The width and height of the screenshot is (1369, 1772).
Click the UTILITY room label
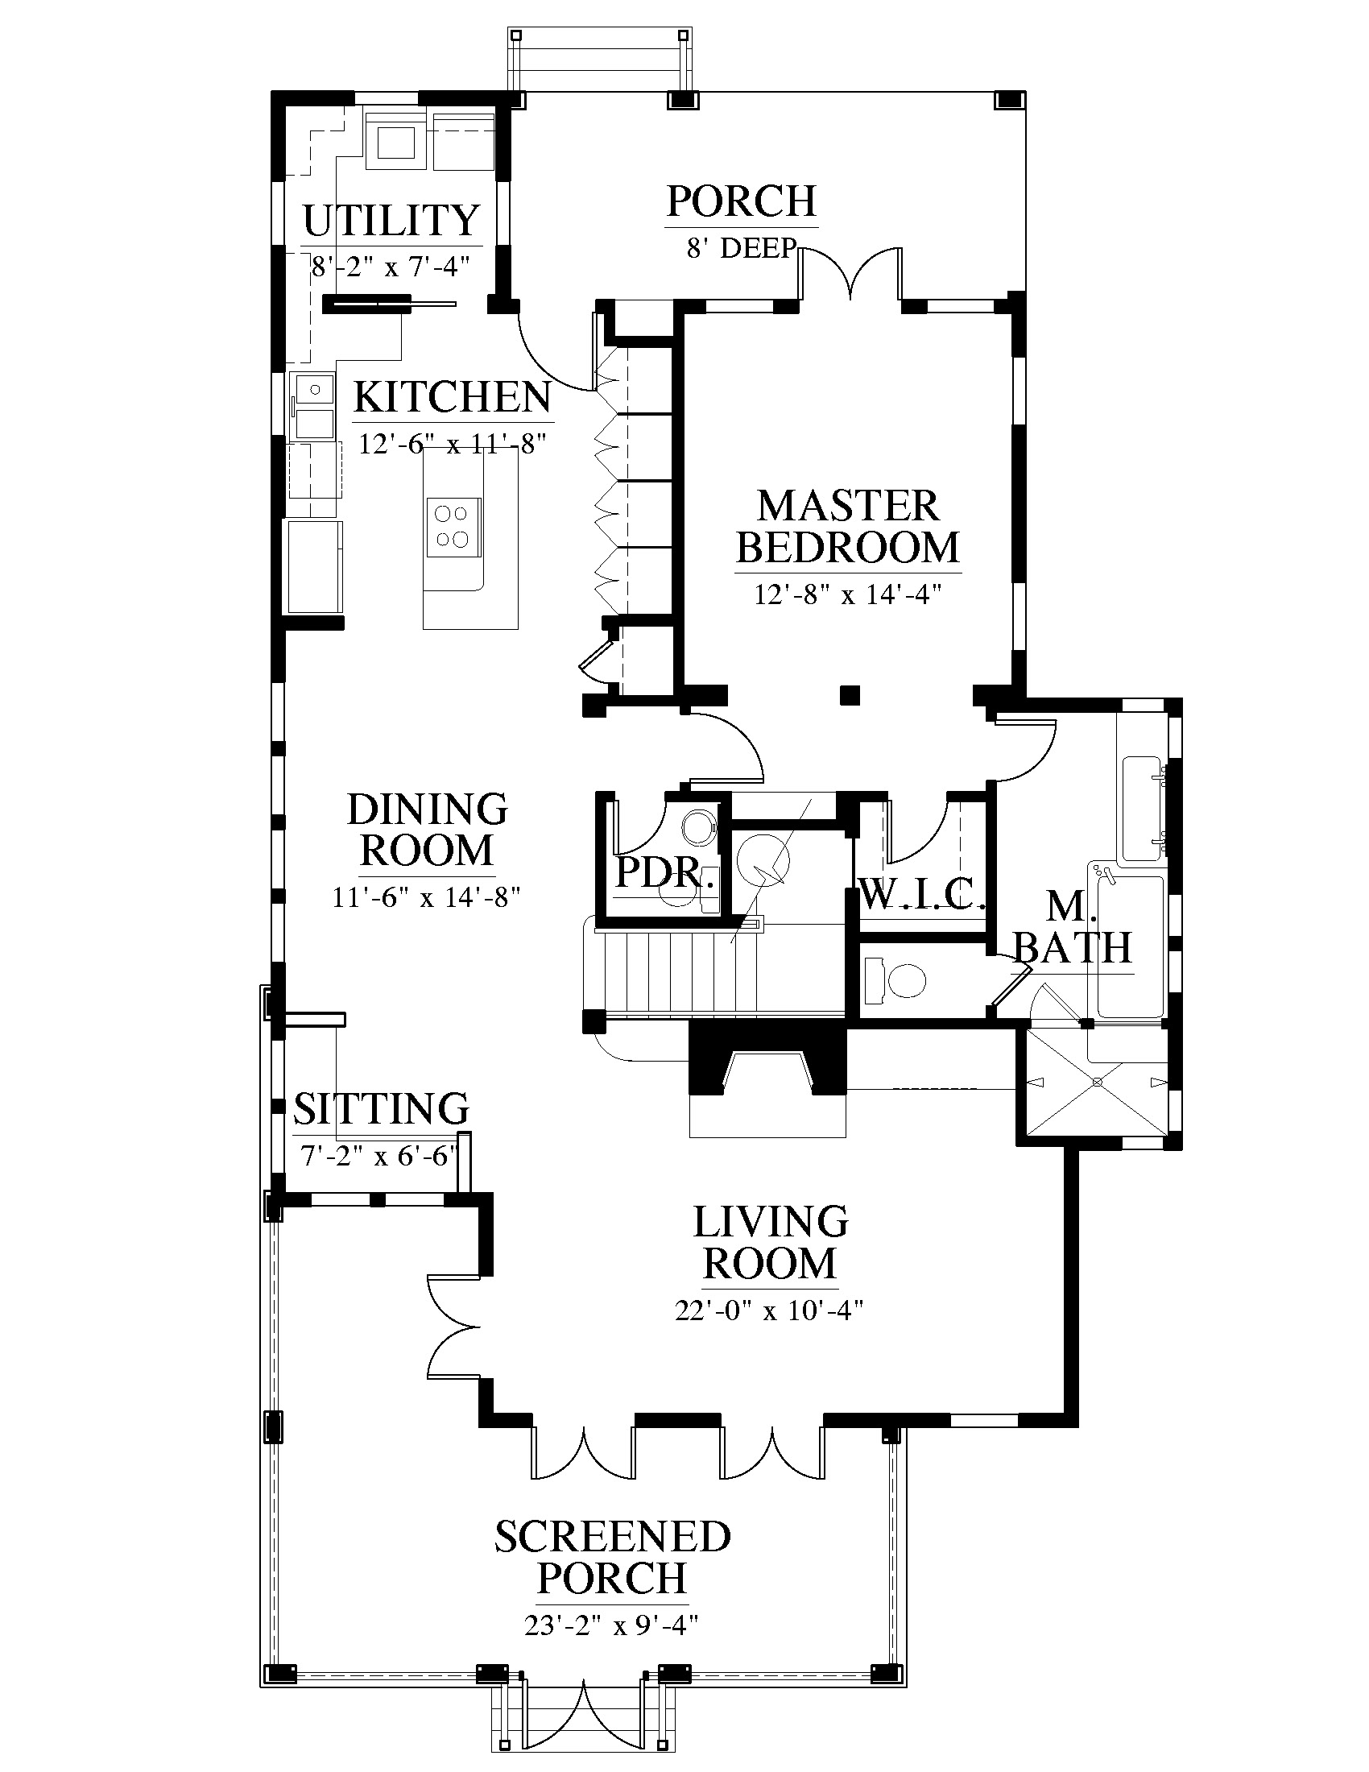pos(391,220)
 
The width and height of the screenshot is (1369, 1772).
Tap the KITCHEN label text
pos(453,398)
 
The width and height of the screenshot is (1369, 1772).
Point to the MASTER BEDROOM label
pos(848,527)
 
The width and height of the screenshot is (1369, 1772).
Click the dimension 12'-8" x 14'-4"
pos(847,594)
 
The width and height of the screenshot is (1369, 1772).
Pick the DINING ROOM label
pos(428,829)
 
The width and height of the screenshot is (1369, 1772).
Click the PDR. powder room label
pos(667,873)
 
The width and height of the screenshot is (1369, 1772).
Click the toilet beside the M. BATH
pos(895,980)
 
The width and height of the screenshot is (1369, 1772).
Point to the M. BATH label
pos(1073,926)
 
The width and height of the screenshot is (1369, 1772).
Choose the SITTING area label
pos(381,1108)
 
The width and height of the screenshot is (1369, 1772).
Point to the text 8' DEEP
pos(741,247)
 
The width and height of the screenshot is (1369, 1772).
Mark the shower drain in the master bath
pos(1098,1082)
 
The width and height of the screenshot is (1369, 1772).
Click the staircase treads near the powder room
pos(673,971)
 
